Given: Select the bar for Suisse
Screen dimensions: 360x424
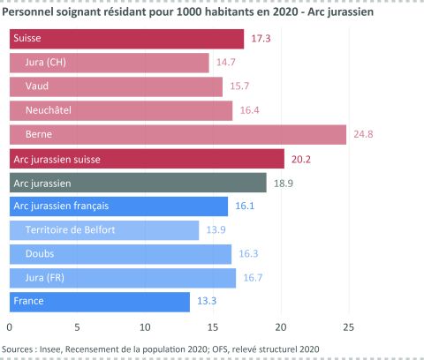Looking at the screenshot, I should [126, 39].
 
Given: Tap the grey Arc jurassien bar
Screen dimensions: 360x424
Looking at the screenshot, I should [138, 183].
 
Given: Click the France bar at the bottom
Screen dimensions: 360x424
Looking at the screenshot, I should [99, 302].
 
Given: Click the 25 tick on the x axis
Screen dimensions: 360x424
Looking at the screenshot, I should [348, 326].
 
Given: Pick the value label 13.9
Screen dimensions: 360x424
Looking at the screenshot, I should [215, 230].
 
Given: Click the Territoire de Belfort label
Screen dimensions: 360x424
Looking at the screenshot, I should [70, 230].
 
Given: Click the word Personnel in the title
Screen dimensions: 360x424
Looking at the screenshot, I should [29, 11].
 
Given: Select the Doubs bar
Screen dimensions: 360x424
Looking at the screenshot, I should [120, 254].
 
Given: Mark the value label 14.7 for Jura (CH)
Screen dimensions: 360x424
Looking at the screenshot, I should [225, 63].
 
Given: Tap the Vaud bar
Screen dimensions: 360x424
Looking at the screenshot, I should [116, 86].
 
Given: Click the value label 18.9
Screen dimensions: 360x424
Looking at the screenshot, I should [283, 183].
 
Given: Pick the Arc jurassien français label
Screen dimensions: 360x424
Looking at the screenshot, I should [61, 206].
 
